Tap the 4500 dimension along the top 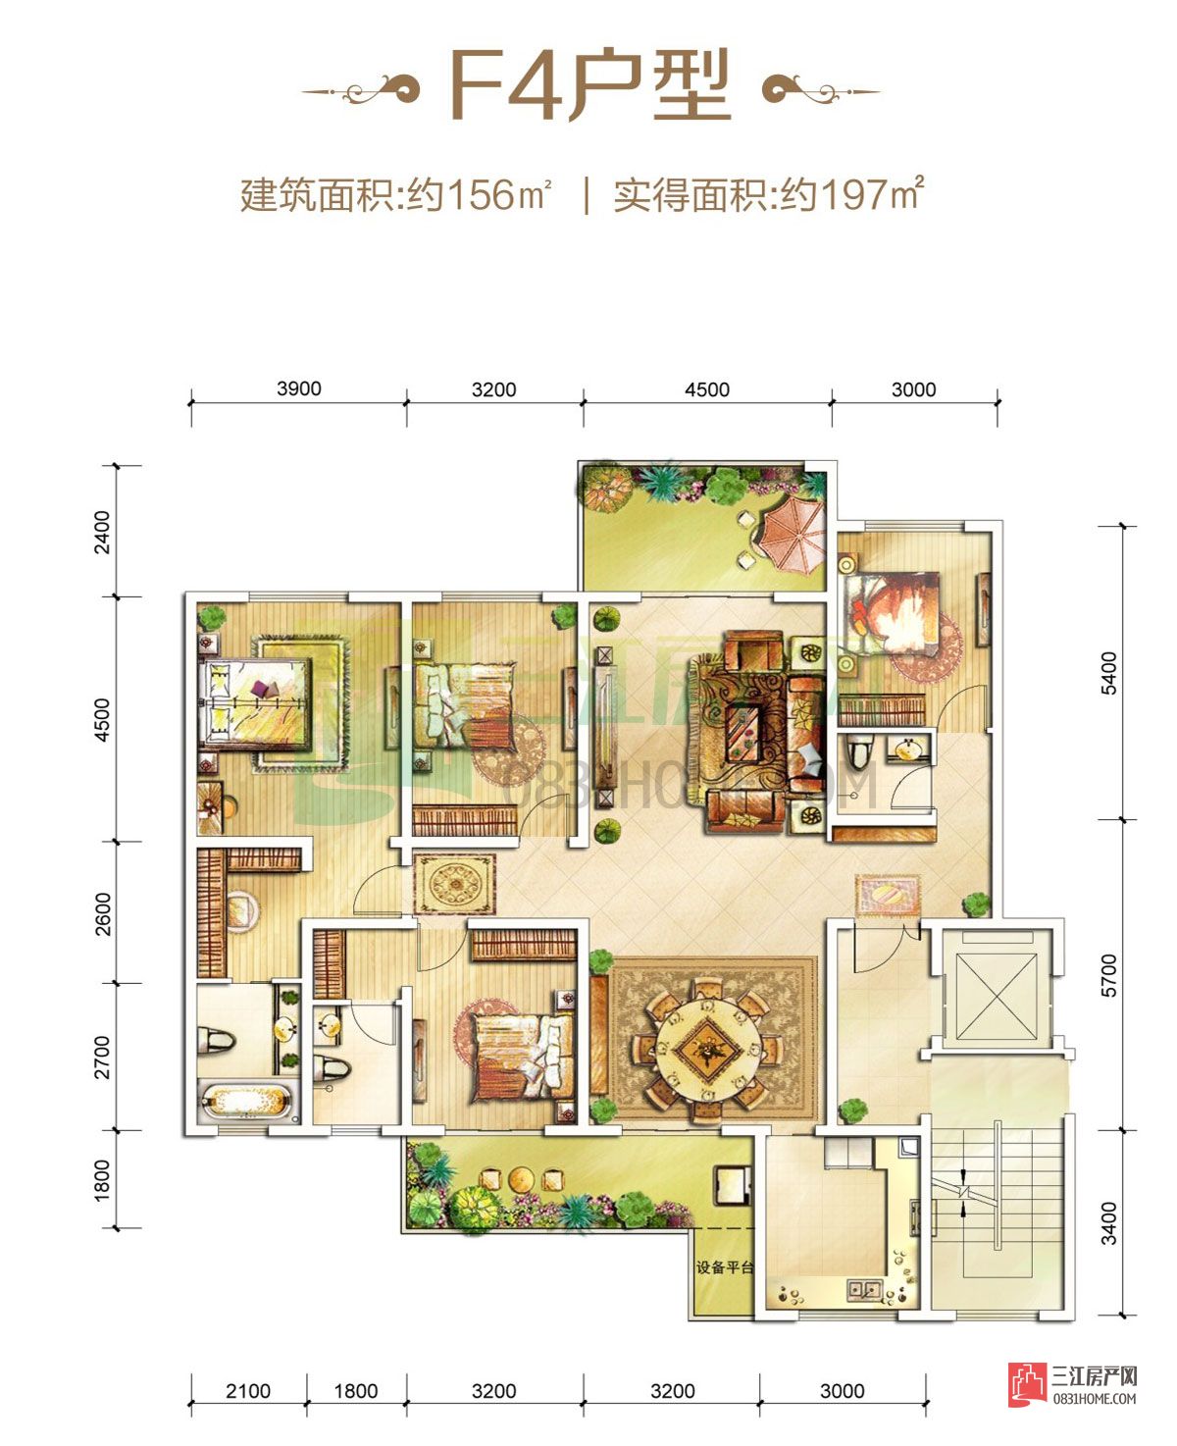[x=706, y=389]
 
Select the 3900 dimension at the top [x=298, y=388]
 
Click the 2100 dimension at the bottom [x=247, y=1390]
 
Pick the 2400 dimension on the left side [x=102, y=531]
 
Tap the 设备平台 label [x=725, y=1267]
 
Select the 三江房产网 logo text [x=1094, y=1376]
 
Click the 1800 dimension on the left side [x=102, y=1179]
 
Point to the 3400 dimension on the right [x=1108, y=1222]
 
